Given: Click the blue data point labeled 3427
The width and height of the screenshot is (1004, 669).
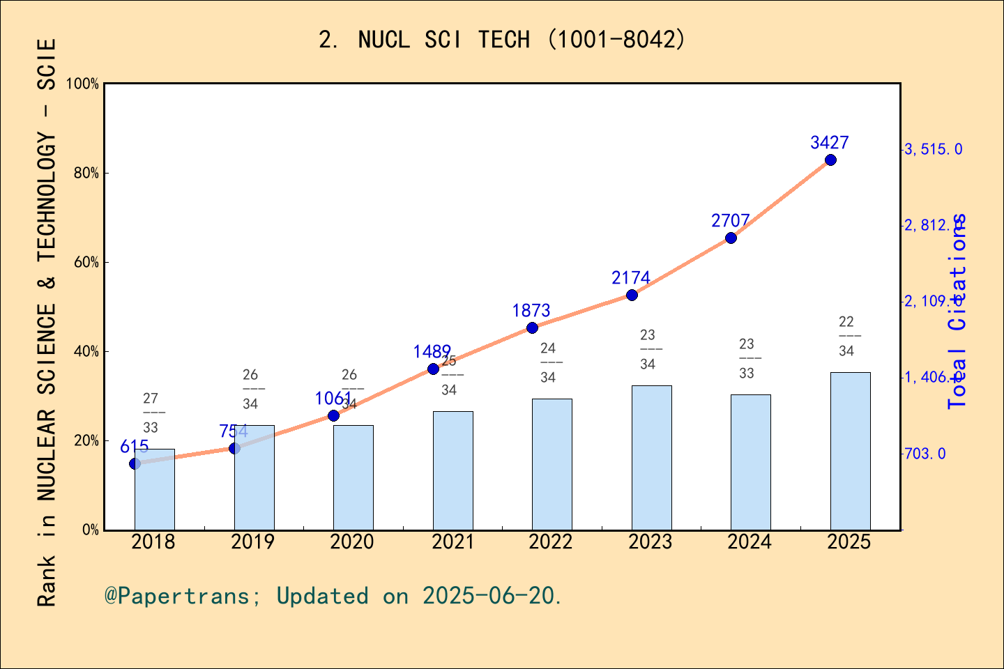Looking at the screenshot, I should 830,160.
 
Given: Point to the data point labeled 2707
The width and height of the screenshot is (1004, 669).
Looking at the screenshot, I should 731,238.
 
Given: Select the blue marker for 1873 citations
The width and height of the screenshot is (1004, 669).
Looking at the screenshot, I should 532,328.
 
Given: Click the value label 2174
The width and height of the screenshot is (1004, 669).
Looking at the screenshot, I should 630,278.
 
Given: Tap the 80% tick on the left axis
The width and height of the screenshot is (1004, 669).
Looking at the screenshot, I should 86,173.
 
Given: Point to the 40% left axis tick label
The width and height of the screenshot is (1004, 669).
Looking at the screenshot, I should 86,351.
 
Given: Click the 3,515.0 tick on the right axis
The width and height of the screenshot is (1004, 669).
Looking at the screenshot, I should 933,149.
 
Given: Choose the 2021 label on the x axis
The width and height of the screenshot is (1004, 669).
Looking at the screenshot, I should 452,542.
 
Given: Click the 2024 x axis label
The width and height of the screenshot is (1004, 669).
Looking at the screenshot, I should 749,542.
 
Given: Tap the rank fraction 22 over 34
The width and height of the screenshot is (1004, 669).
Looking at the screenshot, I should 846,336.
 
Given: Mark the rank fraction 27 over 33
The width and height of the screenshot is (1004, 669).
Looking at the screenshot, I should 151,413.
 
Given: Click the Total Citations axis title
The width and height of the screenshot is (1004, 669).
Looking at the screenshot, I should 958,311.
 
